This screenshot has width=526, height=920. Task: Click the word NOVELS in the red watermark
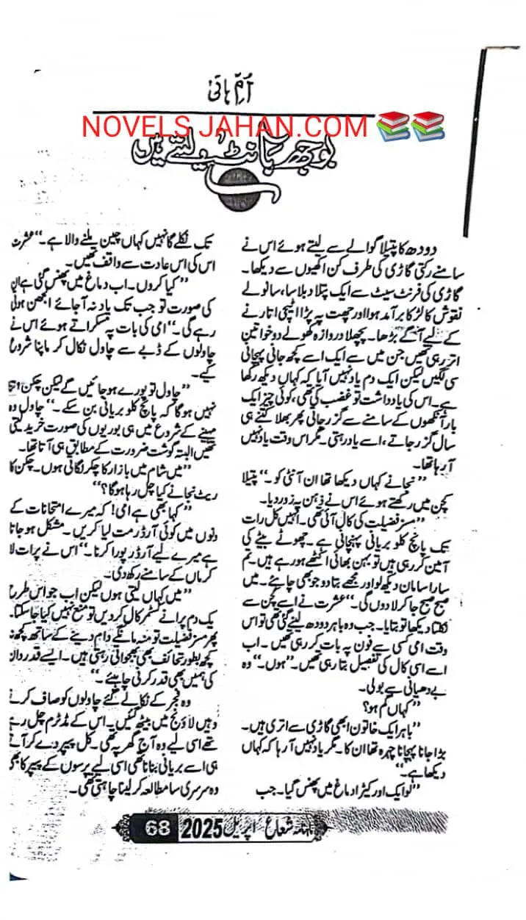tap(131, 126)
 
